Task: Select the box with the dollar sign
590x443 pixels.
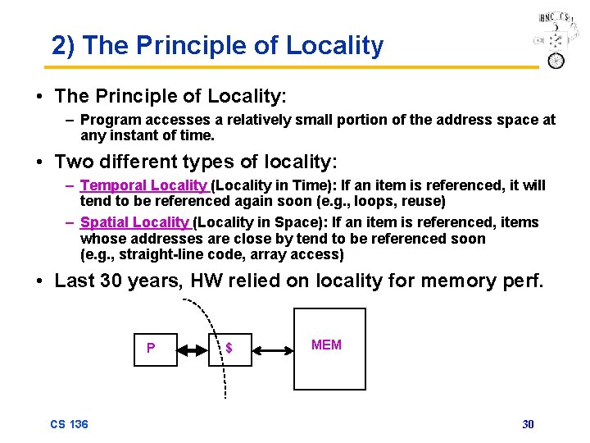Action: (227, 348)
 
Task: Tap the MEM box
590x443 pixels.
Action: (329, 348)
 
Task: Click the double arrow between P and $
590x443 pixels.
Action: (194, 349)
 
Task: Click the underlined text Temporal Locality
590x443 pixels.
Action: (144, 185)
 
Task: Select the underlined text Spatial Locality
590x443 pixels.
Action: (134, 222)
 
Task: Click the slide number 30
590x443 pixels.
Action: (528, 424)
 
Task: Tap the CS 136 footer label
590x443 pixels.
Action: (69, 424)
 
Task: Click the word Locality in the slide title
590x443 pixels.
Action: (334, 46)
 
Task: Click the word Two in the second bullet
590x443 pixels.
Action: (72, 162)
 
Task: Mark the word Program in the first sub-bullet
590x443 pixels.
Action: (109, 121)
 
